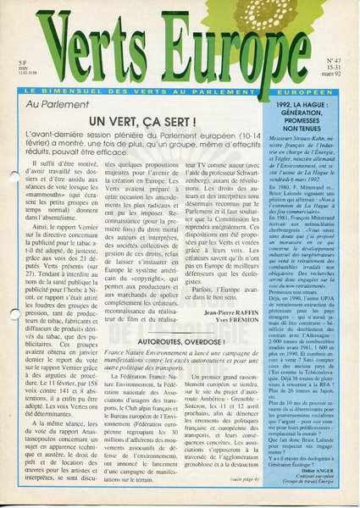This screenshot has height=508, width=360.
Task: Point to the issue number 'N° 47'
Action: point(331,61)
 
